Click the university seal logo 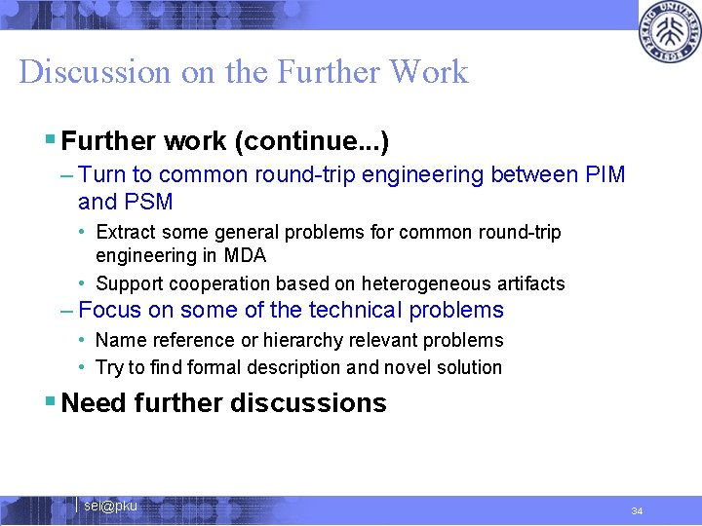669,32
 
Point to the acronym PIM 604,175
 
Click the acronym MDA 244,256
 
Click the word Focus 108,311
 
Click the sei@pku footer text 110,507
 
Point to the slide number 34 637,511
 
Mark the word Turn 101,175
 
